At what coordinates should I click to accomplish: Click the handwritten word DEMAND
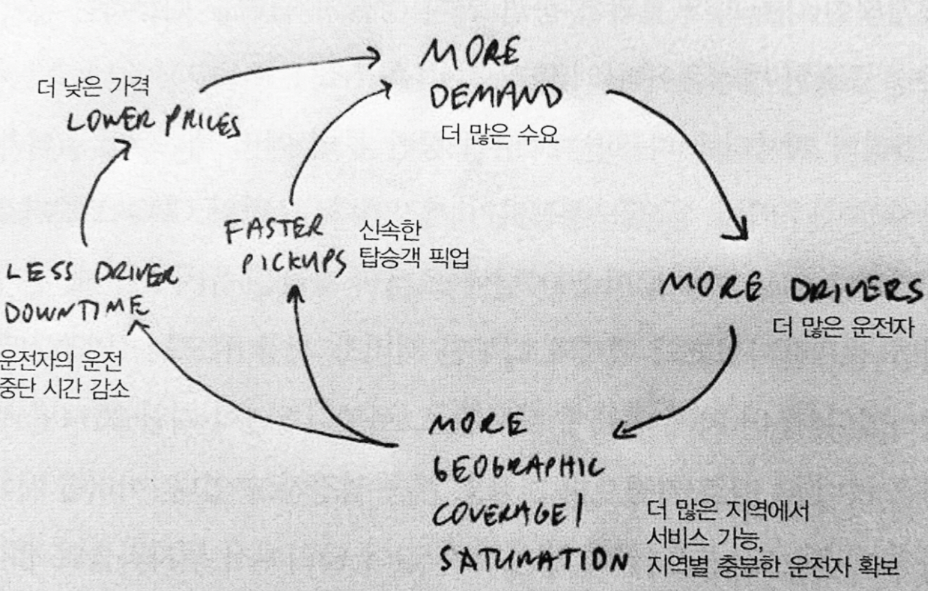pos(495,99)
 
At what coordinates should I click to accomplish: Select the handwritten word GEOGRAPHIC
pos(517,470)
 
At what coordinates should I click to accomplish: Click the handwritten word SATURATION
pos(531,562)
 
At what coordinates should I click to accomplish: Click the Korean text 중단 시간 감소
pos(66,389)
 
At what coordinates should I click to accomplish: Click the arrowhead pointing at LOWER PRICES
pos(123,147)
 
